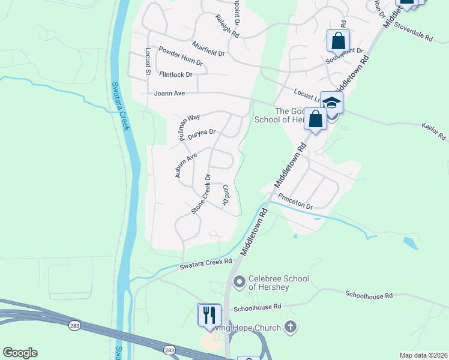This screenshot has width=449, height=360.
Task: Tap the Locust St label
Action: [148, 62]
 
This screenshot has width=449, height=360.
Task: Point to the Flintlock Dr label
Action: [176, 74]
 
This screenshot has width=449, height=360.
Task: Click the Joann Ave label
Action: [169, 94]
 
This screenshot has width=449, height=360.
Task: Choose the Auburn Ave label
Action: [185, 166]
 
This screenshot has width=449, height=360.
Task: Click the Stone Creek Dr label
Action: [201, 194]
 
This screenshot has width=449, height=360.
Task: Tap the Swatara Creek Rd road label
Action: [206, 263]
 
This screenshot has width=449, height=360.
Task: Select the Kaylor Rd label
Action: [435, 131]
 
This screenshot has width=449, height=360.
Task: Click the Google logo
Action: [20, 352]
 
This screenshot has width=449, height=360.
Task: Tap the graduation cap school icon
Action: [331, 103]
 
